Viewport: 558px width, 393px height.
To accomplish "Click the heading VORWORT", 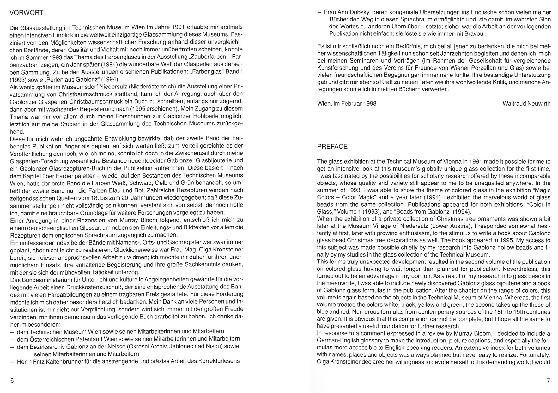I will tap(27, 13).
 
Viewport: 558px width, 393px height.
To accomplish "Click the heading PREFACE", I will tap(332, 147).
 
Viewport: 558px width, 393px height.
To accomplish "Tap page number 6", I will tap(12, 380).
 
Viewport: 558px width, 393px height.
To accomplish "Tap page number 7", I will tap(548, 381).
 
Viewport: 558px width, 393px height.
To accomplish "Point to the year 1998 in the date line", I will tap(369, 103).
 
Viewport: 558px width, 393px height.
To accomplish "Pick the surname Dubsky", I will tap(361, 13).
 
